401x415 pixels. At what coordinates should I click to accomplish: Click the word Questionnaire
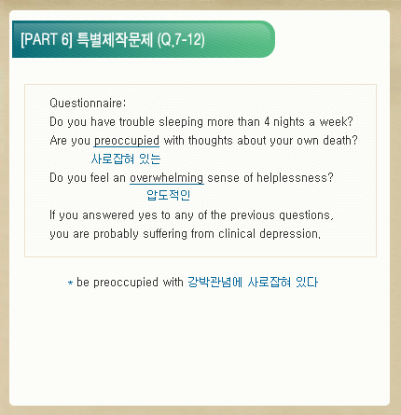pos(87,103)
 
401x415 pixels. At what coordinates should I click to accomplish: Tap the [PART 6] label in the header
pos(47,39)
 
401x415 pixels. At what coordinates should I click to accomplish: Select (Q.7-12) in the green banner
pos(181,40)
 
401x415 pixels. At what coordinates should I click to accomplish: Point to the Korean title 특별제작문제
pos(115,40)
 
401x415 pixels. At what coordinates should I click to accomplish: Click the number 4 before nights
pos(267,121)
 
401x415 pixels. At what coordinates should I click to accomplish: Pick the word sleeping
pos(181,122)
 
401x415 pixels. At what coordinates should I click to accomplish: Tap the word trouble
pos(137,121)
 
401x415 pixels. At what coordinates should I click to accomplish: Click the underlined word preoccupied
pos(127,141)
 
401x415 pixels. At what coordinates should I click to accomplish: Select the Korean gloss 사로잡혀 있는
pos(126,159)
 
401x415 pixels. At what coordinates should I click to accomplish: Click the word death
pos(340,140)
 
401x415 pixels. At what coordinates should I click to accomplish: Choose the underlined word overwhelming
pos(167,178)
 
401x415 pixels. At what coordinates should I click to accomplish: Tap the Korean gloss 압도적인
pos(168,195)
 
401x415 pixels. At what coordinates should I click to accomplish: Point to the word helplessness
pos(295,178)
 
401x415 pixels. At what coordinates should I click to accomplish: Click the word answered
pos(108,214)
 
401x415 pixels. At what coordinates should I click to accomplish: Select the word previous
pos(253,215)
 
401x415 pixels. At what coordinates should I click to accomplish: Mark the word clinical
pos(237,233)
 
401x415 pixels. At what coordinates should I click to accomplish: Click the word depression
pos(290,234)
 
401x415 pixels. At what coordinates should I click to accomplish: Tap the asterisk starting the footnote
pos(71,283)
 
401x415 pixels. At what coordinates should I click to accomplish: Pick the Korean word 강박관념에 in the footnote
pos(214,283)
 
